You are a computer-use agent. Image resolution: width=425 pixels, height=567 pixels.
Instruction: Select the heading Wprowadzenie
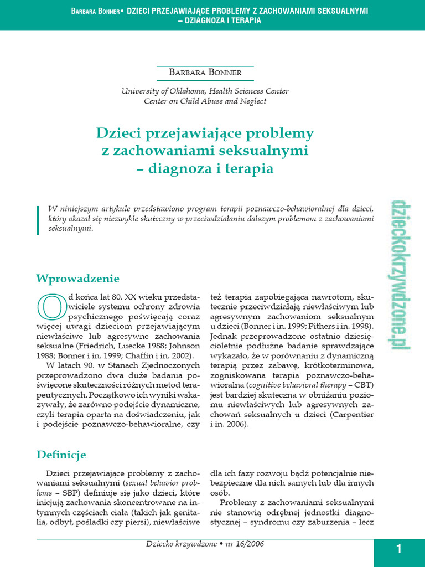click(x=77, y=278)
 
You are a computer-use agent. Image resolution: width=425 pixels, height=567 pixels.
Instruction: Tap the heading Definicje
click(x=61, y=455)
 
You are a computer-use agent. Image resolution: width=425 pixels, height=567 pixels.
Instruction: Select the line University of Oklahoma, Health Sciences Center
click(x=205, y=91)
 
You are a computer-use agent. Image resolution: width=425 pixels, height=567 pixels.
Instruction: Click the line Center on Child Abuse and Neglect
click(x=205, y=101)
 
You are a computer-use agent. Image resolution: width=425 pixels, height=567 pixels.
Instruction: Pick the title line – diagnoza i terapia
click(x=205, y=169)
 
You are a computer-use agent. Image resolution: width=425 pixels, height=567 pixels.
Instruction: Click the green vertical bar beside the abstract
click(x=38, y=219)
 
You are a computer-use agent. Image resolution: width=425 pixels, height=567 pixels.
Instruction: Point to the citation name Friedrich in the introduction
click(x=117, y=346)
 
